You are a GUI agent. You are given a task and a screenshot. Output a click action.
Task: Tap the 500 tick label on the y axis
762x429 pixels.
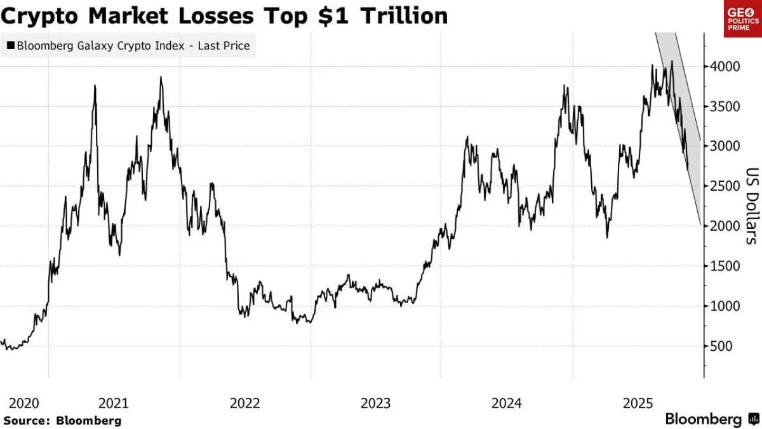[x=720, y=346]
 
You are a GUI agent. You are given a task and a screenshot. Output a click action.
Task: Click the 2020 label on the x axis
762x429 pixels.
[x=24, y=403]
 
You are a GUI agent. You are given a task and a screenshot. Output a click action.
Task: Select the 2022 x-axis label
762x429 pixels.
[x=245, y=403]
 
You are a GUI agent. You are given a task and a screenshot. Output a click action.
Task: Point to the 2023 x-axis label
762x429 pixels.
[x=376, y=403]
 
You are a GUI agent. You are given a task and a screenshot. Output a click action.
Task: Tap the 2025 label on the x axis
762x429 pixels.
[x=638, y=403]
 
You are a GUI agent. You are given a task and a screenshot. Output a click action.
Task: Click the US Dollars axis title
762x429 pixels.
[x=752, y=206]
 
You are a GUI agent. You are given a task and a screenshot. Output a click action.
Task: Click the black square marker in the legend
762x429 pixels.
[x=10, y=46]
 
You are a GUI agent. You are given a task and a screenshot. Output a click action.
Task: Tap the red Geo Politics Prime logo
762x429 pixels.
[x=742, y=18]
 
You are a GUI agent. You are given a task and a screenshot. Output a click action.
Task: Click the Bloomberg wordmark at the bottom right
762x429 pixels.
[x=703, y=419]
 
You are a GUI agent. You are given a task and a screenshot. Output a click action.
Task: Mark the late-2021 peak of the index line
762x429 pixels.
[x=161, y=78]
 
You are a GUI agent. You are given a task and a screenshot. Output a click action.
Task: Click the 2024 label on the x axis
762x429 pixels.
[x=507, y=403]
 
